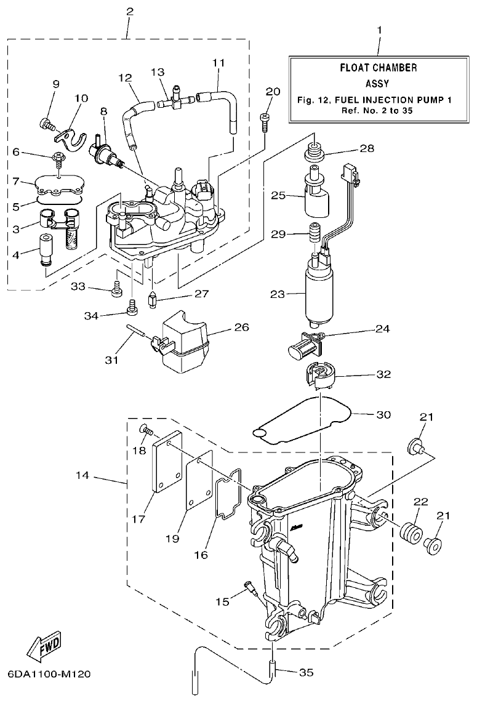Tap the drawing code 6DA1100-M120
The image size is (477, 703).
pos(49,674)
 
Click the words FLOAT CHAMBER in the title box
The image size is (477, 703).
pos(379,68)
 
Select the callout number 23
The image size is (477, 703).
pos(278,294)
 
